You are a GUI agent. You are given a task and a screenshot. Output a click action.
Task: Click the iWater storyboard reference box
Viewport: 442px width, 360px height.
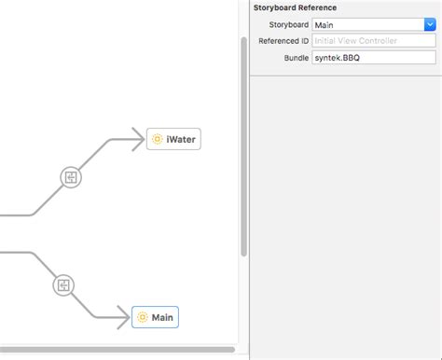click(173, 140)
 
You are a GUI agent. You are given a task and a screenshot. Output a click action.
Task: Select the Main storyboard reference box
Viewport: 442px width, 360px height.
click(155, 317)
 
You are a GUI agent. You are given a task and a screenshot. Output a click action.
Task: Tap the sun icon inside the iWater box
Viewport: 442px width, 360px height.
click(157, 140)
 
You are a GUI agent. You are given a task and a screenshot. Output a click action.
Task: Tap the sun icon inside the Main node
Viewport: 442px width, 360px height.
click(142, 317)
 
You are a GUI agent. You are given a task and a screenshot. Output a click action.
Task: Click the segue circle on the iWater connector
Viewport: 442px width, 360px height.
click(72, 177)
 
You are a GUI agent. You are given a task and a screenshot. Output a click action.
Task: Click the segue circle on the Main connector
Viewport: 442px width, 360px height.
click(63, 284)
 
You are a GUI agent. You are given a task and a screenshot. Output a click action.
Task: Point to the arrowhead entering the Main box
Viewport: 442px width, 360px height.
click(123, 318)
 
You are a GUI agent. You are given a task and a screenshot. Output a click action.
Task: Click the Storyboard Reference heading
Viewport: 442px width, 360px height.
click(296, 7)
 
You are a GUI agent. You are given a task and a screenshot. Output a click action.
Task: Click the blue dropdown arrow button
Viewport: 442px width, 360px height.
click(430, 25)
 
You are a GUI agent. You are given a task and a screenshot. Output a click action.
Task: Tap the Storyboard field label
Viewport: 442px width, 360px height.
click(289, 25)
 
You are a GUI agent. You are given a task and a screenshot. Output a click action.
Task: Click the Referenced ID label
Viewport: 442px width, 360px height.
click(283, 41)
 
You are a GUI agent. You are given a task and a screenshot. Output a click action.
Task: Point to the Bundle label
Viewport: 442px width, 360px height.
click(297, 58)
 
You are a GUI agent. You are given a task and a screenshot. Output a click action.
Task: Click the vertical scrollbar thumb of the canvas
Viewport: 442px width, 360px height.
click(244, 149)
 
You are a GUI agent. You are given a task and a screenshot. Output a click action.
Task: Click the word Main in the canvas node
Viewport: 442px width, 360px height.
click(162, 317)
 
